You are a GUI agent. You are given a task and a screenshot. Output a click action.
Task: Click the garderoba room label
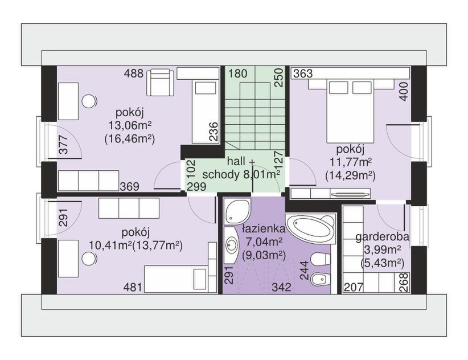[x=383, y=237]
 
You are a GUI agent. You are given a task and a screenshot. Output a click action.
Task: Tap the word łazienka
[x=264, y=229]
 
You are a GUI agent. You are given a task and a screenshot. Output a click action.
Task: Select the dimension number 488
[x=133, y=73]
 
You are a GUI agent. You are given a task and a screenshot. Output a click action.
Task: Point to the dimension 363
[x=303, y=73]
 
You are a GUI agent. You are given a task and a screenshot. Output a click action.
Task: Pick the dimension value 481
[x=133, y=287]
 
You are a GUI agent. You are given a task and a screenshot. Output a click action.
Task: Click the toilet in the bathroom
[x=321, y=259]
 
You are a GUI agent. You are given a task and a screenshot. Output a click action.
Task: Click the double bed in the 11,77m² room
[x=350, y=111]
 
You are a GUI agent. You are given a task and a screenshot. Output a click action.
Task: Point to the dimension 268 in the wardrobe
[x=405, y=283]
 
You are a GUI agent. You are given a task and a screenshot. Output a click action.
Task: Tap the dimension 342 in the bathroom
[x=281, y=287]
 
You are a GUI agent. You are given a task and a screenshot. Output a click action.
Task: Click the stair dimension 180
[x=238, y=73]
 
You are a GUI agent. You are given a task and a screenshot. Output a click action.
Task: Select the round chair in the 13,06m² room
[x=89, y=101]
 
